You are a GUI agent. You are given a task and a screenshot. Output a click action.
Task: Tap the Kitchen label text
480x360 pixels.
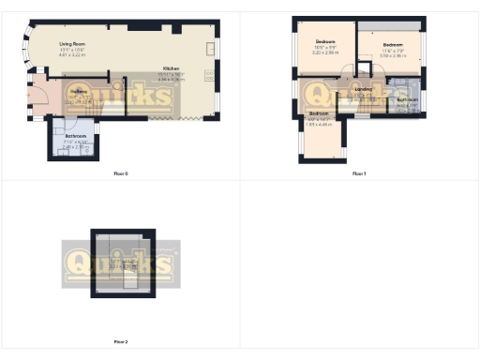[x=172, y=69]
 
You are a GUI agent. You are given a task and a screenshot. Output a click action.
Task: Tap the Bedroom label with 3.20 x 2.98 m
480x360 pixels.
[x=325, y=42]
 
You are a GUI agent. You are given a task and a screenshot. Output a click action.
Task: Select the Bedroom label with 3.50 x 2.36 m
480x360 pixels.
[x=392, y=43]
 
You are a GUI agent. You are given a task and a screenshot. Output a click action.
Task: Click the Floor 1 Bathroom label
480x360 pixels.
[x=407, y=99]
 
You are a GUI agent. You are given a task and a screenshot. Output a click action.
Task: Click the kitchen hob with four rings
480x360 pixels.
[x=210, y=48]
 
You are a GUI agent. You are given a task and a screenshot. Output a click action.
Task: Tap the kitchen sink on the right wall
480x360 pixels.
[x=209, y=78]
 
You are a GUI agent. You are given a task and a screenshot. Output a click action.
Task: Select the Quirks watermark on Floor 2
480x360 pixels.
[x=120, y=264]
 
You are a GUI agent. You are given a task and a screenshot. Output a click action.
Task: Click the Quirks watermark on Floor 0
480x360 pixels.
[x=122, y=95]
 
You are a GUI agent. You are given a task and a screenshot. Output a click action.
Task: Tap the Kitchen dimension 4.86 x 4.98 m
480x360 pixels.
[x=172, y=81]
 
